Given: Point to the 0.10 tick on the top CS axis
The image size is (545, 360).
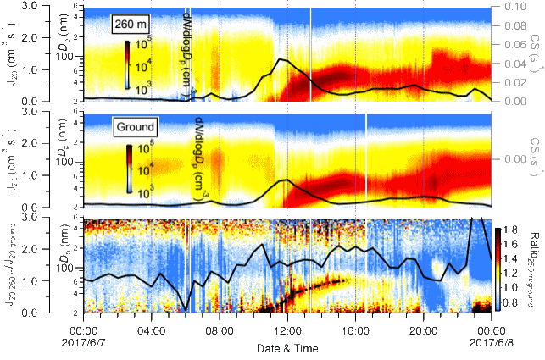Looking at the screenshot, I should pos(509,6).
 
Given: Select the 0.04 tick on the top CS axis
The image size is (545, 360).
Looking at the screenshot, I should pos(509,64).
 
